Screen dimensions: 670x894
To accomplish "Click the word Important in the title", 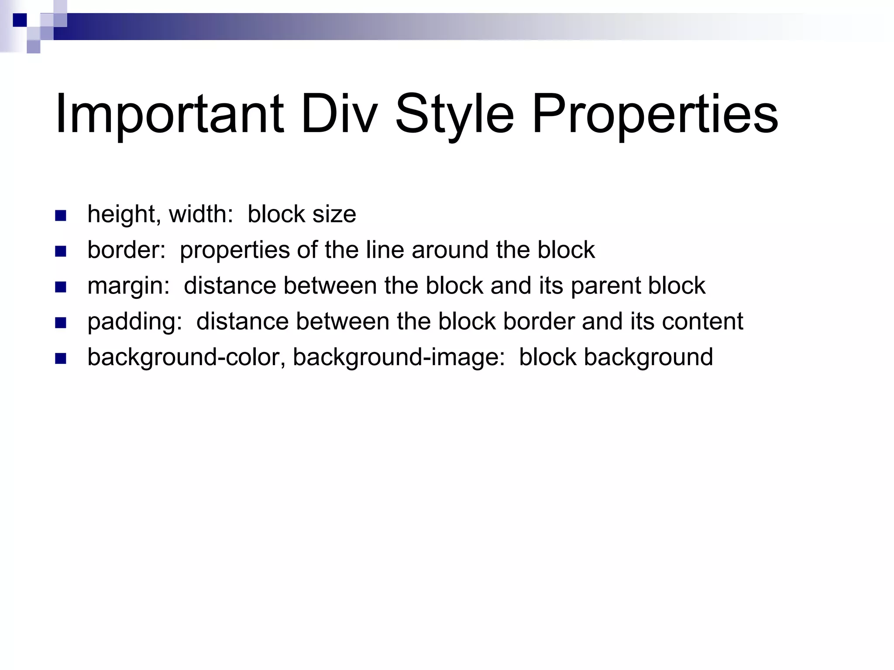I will [169, 114].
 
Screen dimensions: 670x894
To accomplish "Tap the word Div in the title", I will [339, 114].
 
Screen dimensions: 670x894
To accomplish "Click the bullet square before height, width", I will [61, 215].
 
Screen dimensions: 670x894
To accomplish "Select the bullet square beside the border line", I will [61, 251].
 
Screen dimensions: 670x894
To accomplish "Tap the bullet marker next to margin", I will [61, 287].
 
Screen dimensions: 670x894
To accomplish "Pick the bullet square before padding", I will [61, 323].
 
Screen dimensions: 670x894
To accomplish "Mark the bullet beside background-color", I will [61, 359].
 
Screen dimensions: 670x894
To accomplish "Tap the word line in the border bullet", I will [385, 250].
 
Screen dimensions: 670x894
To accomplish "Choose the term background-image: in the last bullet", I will [399, 358].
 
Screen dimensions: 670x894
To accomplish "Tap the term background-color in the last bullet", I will [183, 358].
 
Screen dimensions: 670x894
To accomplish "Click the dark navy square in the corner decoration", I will [20, 20].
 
